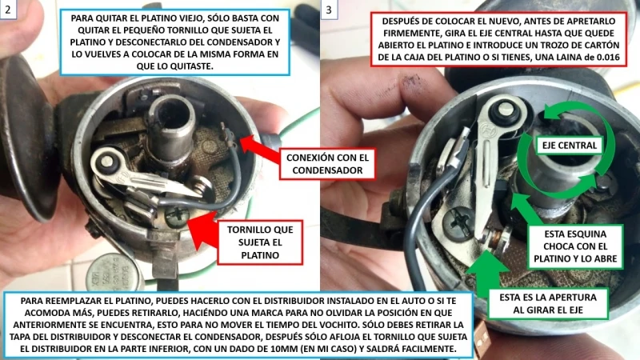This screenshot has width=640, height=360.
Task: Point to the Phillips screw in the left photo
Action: [x=177, y=214]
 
